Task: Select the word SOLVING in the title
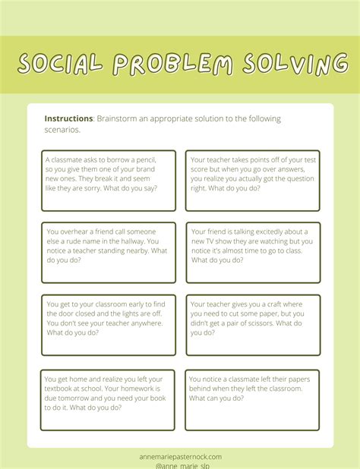pyautogui.click(x=292, y=64)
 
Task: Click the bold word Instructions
pyautogui.click(x=68, y=119)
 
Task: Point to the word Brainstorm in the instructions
pyautogui.click(x=119, y=119)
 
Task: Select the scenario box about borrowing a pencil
pyautogui.click(x=109, y=181)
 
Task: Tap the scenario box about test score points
pyautogui.click(x=253, y=181)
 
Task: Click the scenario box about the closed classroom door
pyautogui.click(x=109, y=325)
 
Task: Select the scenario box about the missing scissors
pyautogui.click(x=253, y=325)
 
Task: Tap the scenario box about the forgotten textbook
pyautogui.click(x=107, y=400)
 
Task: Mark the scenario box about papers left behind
pyautogui.click(x=251, y=400)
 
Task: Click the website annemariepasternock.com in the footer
pyautogui.click(x=182, y=457)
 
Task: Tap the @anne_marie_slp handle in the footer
pyautogui.click(x=182, y=466)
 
